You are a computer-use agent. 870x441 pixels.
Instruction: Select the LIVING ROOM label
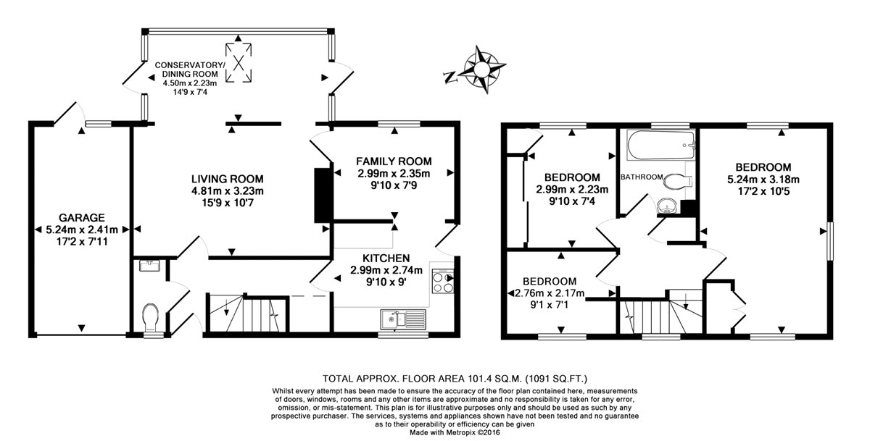coord(227,179)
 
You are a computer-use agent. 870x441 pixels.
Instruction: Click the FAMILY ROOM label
coord(394,161)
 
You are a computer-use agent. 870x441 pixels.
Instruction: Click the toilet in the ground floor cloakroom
coord(151,316)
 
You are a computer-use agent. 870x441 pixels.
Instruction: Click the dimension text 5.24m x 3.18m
coord(763,180)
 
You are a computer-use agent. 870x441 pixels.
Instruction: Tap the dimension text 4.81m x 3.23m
coord(227,191)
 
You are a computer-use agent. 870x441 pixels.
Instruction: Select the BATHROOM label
coord(642,177)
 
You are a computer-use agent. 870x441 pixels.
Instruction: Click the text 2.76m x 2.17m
coord(550,293)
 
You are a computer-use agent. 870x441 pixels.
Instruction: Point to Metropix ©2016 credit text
coord(465,433)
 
